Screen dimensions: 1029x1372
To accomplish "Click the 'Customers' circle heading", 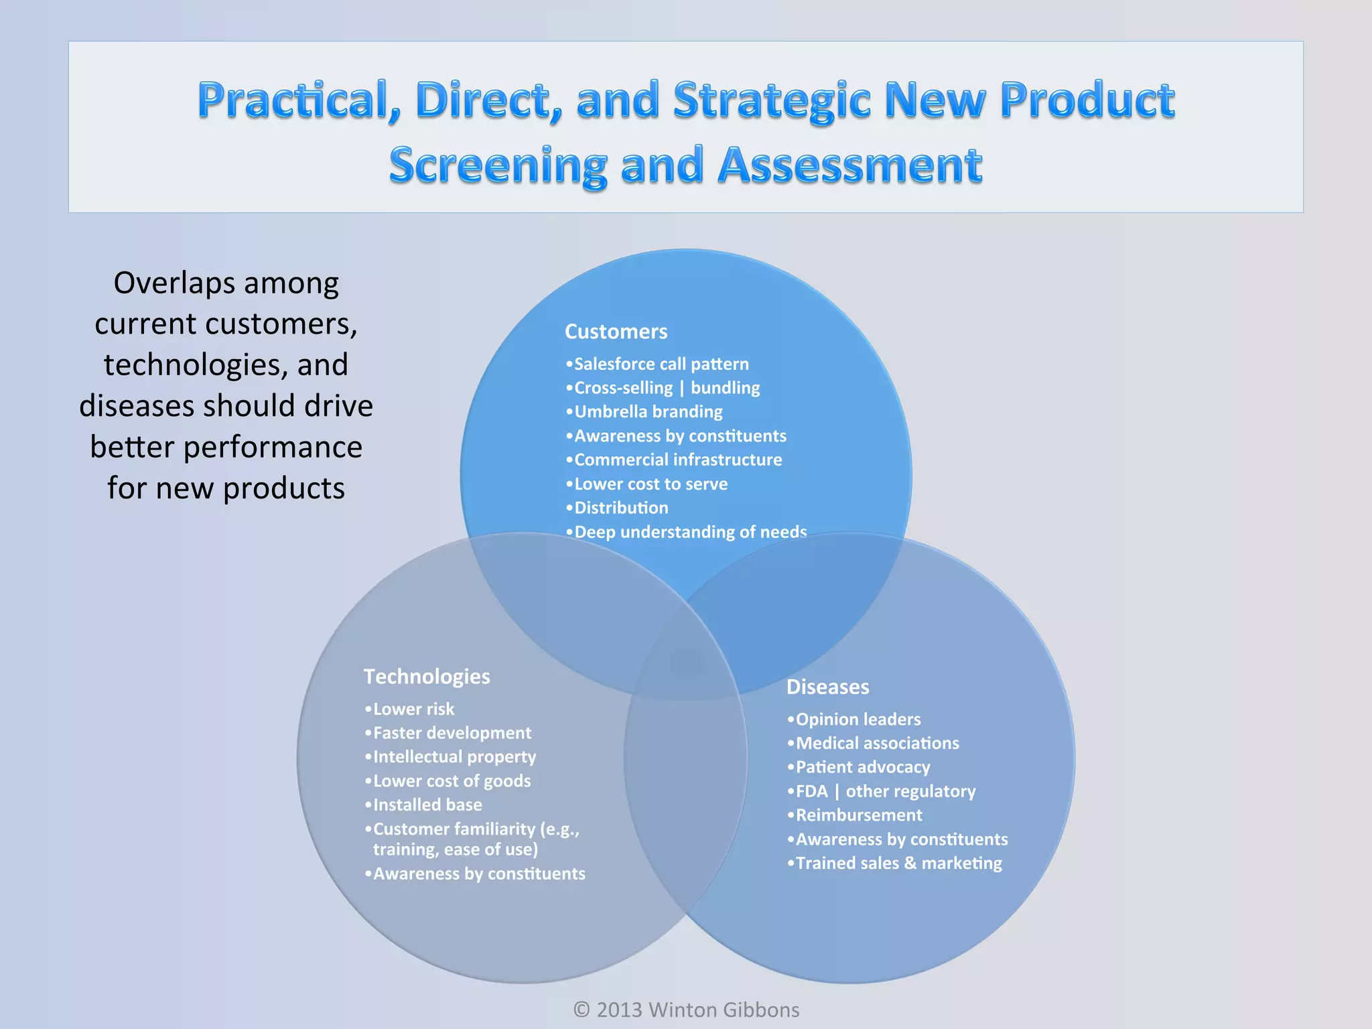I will coord(616,332).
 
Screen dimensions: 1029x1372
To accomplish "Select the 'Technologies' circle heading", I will coord(427,677).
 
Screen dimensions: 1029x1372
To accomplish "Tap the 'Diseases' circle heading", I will coord(827,687).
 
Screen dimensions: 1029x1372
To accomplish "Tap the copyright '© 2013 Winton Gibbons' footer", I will coord(686,1010).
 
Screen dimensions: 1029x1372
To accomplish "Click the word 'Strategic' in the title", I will coord(772,100).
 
